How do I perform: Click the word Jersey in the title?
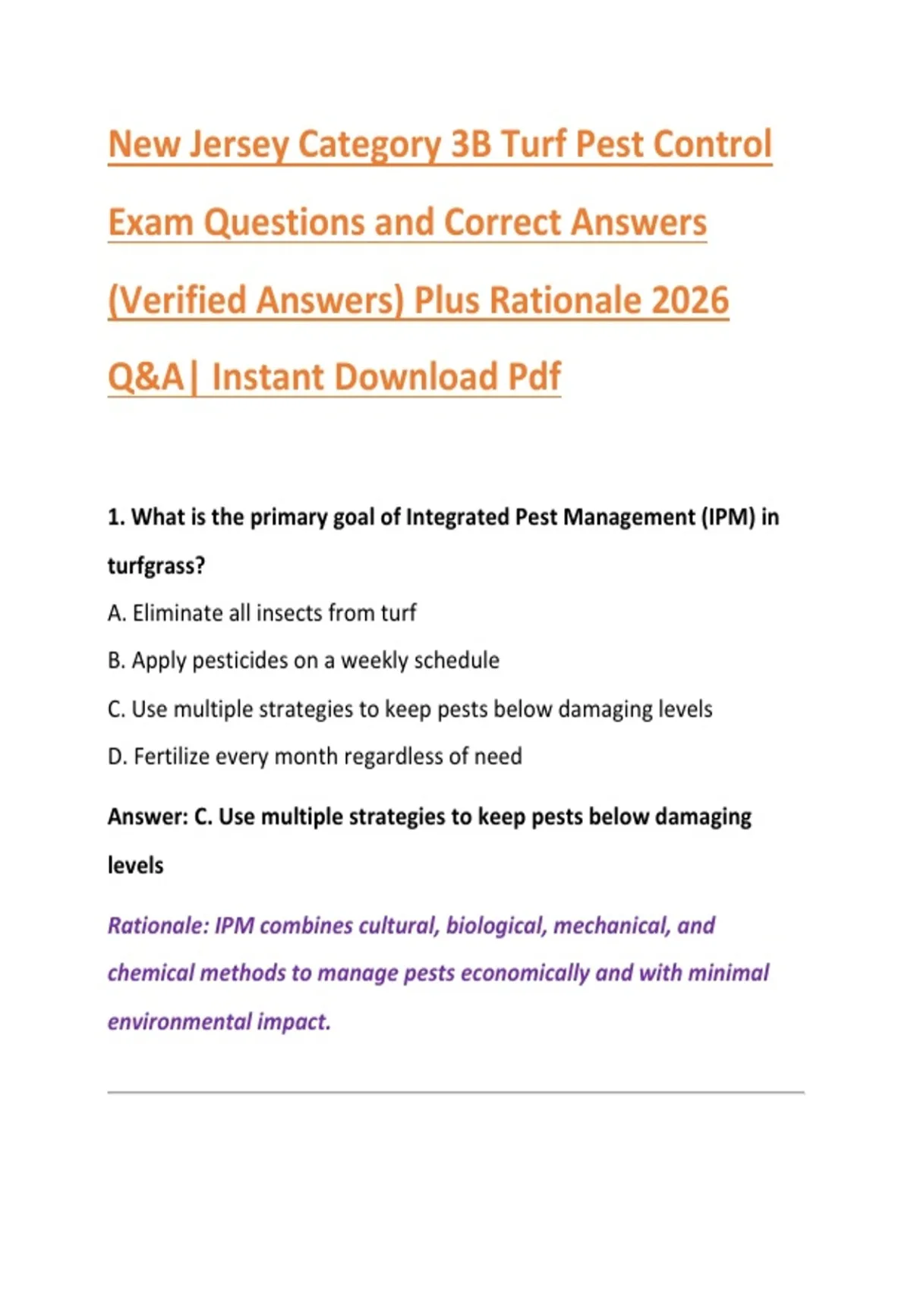[x=238, y=144]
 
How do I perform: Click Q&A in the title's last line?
[x=146, y=377]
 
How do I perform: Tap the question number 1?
[x=116, y=518]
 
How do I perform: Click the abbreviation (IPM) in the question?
[x=728, y=518]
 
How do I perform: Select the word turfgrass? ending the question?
[x=156, y=566]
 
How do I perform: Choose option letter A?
[x=116, y=613]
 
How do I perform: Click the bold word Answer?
[x=148, y=816]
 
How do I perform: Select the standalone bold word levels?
[x=135, y=866]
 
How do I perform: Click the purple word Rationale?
[x=158, y=926]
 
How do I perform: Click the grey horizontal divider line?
[x=455, y=1092]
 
